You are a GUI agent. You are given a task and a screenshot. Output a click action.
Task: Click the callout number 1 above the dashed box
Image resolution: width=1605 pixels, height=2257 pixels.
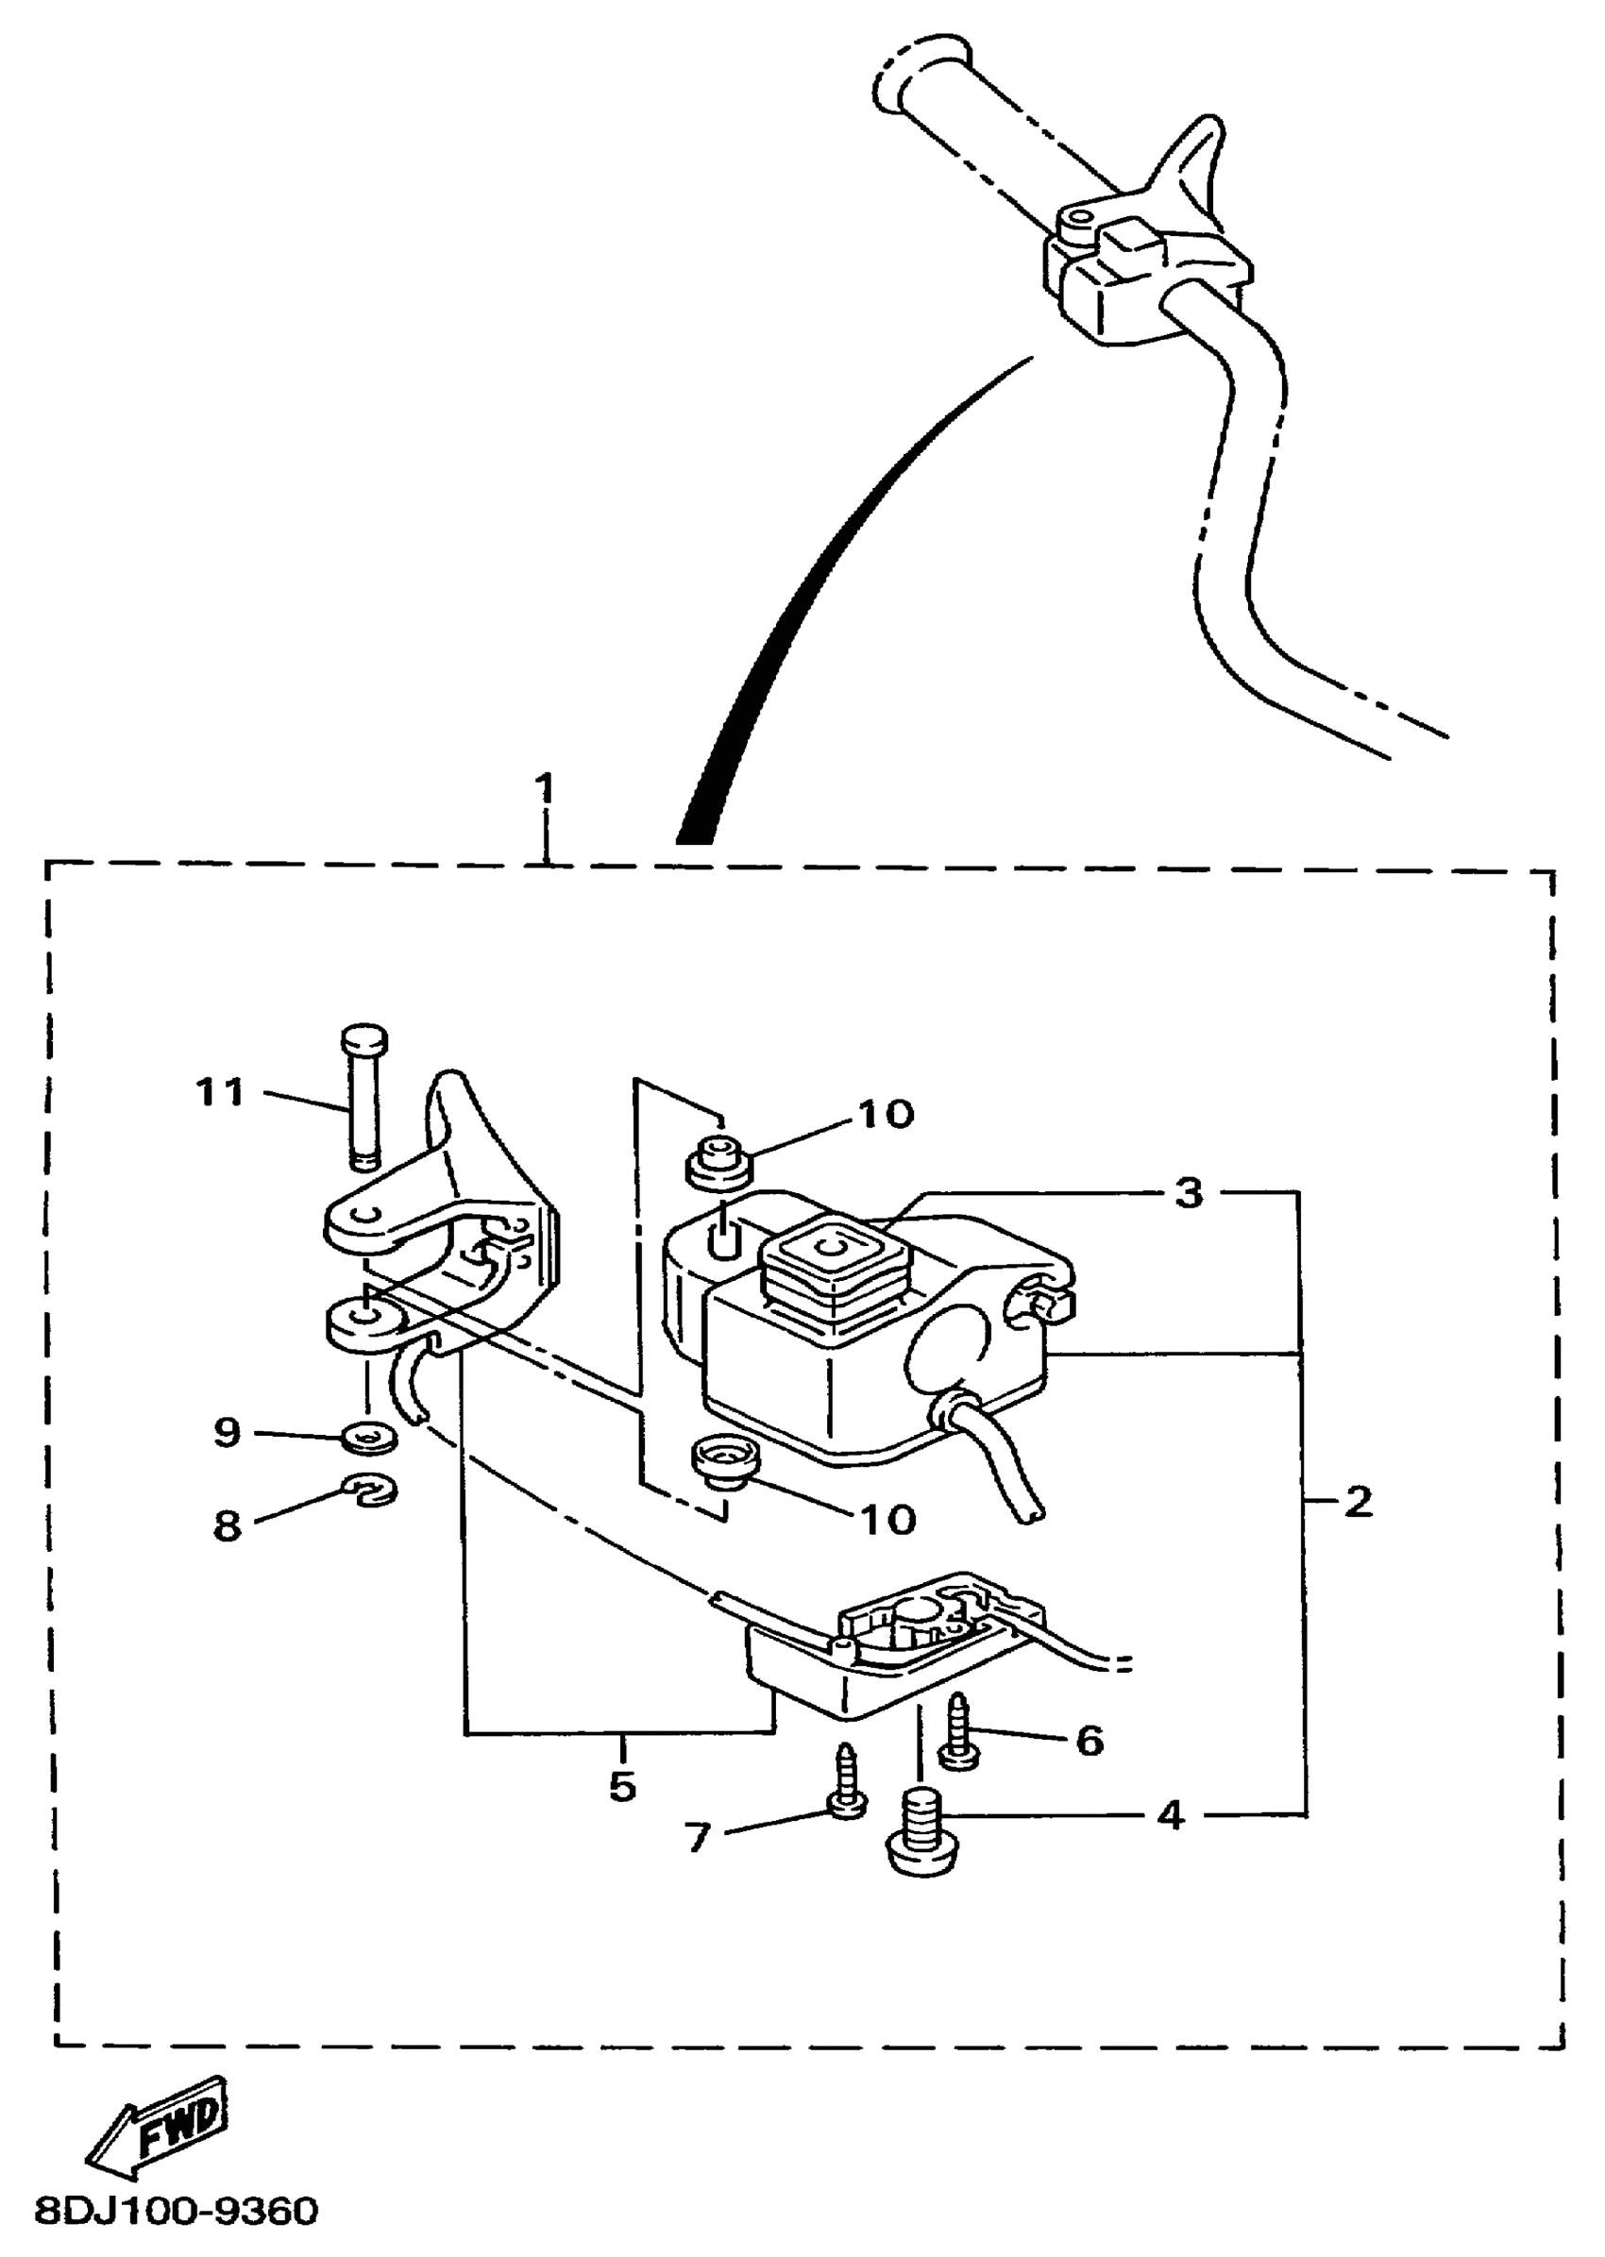point(545,789)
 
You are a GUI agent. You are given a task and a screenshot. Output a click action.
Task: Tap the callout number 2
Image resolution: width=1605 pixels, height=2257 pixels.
point(1359,1503)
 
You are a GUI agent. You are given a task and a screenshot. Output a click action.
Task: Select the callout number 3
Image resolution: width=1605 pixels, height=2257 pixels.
point(1189,1193)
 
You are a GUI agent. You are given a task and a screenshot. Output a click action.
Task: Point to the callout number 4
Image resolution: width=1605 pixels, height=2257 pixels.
point(1170,1815)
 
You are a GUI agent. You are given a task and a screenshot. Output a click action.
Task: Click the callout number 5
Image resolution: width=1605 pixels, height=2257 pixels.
point(621,1786)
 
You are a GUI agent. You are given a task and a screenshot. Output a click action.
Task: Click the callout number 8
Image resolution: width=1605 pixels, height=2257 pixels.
point(228,1525)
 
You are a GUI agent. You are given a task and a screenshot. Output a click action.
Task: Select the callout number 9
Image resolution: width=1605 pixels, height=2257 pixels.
point(228,1432)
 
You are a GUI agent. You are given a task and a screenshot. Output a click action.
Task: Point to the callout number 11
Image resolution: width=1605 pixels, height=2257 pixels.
point(219,1093)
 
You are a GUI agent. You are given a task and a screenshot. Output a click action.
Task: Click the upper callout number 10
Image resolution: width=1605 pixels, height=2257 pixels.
point(886,1115)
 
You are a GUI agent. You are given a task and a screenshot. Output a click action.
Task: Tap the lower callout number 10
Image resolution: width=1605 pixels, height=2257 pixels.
point(887,1519)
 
